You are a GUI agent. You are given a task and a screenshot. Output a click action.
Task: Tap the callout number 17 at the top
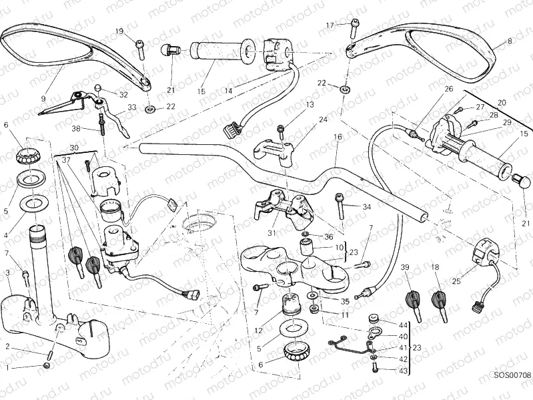tap(330, 25)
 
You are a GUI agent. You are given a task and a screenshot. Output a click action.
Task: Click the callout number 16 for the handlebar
tap(337, 136)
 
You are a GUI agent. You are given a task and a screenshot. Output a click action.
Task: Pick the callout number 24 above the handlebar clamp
tap(323, 120)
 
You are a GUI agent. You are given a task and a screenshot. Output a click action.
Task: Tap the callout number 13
tap(310, 105)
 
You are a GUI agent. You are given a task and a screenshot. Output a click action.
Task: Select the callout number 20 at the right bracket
tap(502, 102)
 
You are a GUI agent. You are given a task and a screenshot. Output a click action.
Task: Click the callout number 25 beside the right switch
tap(456, 281)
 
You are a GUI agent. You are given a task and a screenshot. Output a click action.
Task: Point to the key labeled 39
tap(408, 298)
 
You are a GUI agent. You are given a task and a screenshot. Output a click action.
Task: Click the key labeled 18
tap(438, 297)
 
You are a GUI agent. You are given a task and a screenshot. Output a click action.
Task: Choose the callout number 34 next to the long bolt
tap(366, 207)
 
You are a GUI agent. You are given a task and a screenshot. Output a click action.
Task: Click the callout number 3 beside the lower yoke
tap(8, 272)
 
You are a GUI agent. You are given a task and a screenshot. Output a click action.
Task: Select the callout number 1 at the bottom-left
tap(7, 367)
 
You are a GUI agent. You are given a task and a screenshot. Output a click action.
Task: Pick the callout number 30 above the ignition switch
tap(73, 148)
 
